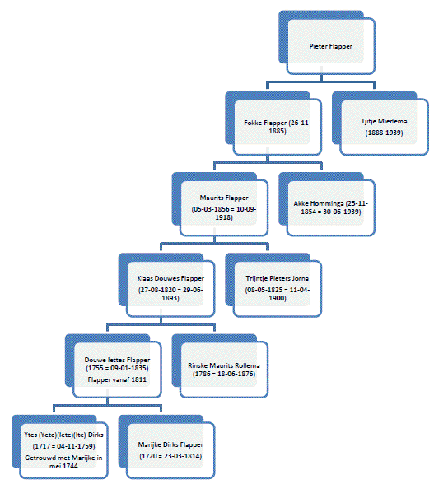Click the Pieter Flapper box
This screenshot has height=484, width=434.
[327, 43]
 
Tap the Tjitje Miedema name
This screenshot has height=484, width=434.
[384, 121]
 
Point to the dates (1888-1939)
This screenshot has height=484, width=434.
[384, 133]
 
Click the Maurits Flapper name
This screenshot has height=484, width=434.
[224, 198]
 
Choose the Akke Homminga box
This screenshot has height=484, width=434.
[327, 204]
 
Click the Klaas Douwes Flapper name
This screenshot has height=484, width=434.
[170, 278]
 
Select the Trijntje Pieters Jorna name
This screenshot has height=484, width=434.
[277, 278]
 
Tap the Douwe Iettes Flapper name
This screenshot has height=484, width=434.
[117, 360]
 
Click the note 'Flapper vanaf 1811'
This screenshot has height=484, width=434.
[117, 379]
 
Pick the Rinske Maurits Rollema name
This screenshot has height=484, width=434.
[224, 365]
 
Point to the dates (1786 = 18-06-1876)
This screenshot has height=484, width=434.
[224, 374]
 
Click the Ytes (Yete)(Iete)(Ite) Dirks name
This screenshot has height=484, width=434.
[63, 435]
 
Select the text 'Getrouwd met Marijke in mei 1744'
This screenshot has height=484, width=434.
[63, 462]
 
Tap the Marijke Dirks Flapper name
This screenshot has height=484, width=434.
[170, 444]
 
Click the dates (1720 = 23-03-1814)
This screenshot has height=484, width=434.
[170, 456]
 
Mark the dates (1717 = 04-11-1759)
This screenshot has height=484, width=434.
[63, 446]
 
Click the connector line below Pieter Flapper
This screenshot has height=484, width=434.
[321, 81]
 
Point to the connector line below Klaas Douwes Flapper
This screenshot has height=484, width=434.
[161, 324]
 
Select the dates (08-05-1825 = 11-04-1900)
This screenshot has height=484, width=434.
[277, 294]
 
